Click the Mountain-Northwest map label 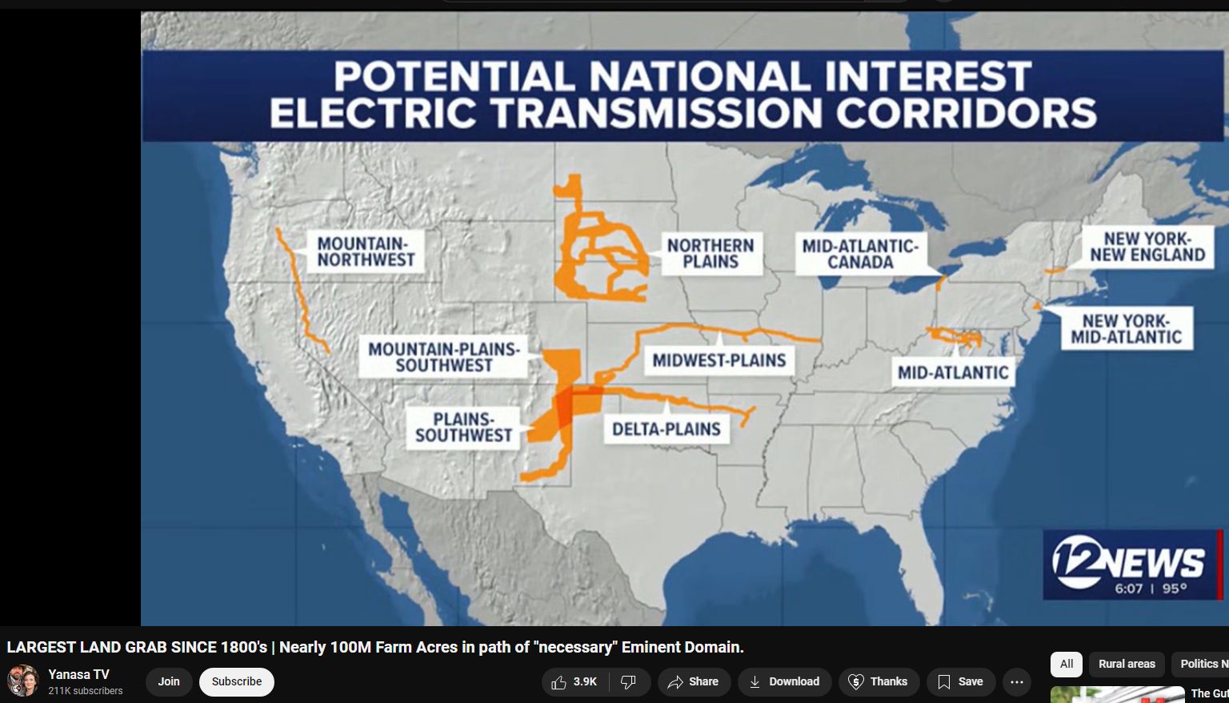coord(366,251)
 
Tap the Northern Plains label coord(711,253)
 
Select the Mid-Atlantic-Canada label coord(860,254)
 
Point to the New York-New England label coord(1147,247)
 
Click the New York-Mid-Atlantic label coord(1127,328)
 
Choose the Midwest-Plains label coord(719,360)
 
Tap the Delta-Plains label coord(667,429)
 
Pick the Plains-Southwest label coord(463,428)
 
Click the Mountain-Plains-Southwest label coord(443,357)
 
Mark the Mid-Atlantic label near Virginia coord(953,372)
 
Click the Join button coord(169,681)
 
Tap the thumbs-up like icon coord(558,682)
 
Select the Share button coord(694,681)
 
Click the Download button coord(785,681)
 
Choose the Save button coord(961,681)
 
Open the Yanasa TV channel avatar coord(22,681)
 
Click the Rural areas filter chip coord(1127,664)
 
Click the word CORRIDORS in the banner coord(967,113)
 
